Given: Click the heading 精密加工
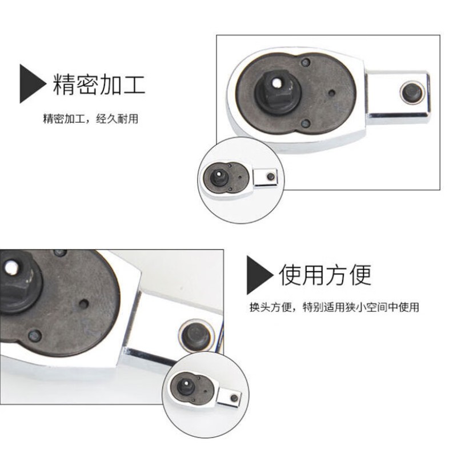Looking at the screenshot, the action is point(99,85).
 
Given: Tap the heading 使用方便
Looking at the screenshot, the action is point(325,275).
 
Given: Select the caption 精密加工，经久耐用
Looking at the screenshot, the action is point(91,119).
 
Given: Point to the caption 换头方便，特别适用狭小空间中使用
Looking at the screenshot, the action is point(334,307).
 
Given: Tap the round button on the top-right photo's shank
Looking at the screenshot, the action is point(412,93).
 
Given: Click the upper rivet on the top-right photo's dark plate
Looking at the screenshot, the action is point(306,62).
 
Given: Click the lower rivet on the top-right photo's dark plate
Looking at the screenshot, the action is point(306,123).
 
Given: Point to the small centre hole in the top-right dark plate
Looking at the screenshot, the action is point(332,93).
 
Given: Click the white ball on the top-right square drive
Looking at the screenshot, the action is point(278,83).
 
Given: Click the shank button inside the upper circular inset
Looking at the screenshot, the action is point(271,177).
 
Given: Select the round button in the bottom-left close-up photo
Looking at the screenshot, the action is point(196,336).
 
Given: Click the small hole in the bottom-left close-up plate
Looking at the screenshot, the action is point(84,304).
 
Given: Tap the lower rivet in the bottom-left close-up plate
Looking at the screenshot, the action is point(35,336).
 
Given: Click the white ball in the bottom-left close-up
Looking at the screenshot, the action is point(11,268).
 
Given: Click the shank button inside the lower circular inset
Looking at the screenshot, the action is point(234,398).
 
